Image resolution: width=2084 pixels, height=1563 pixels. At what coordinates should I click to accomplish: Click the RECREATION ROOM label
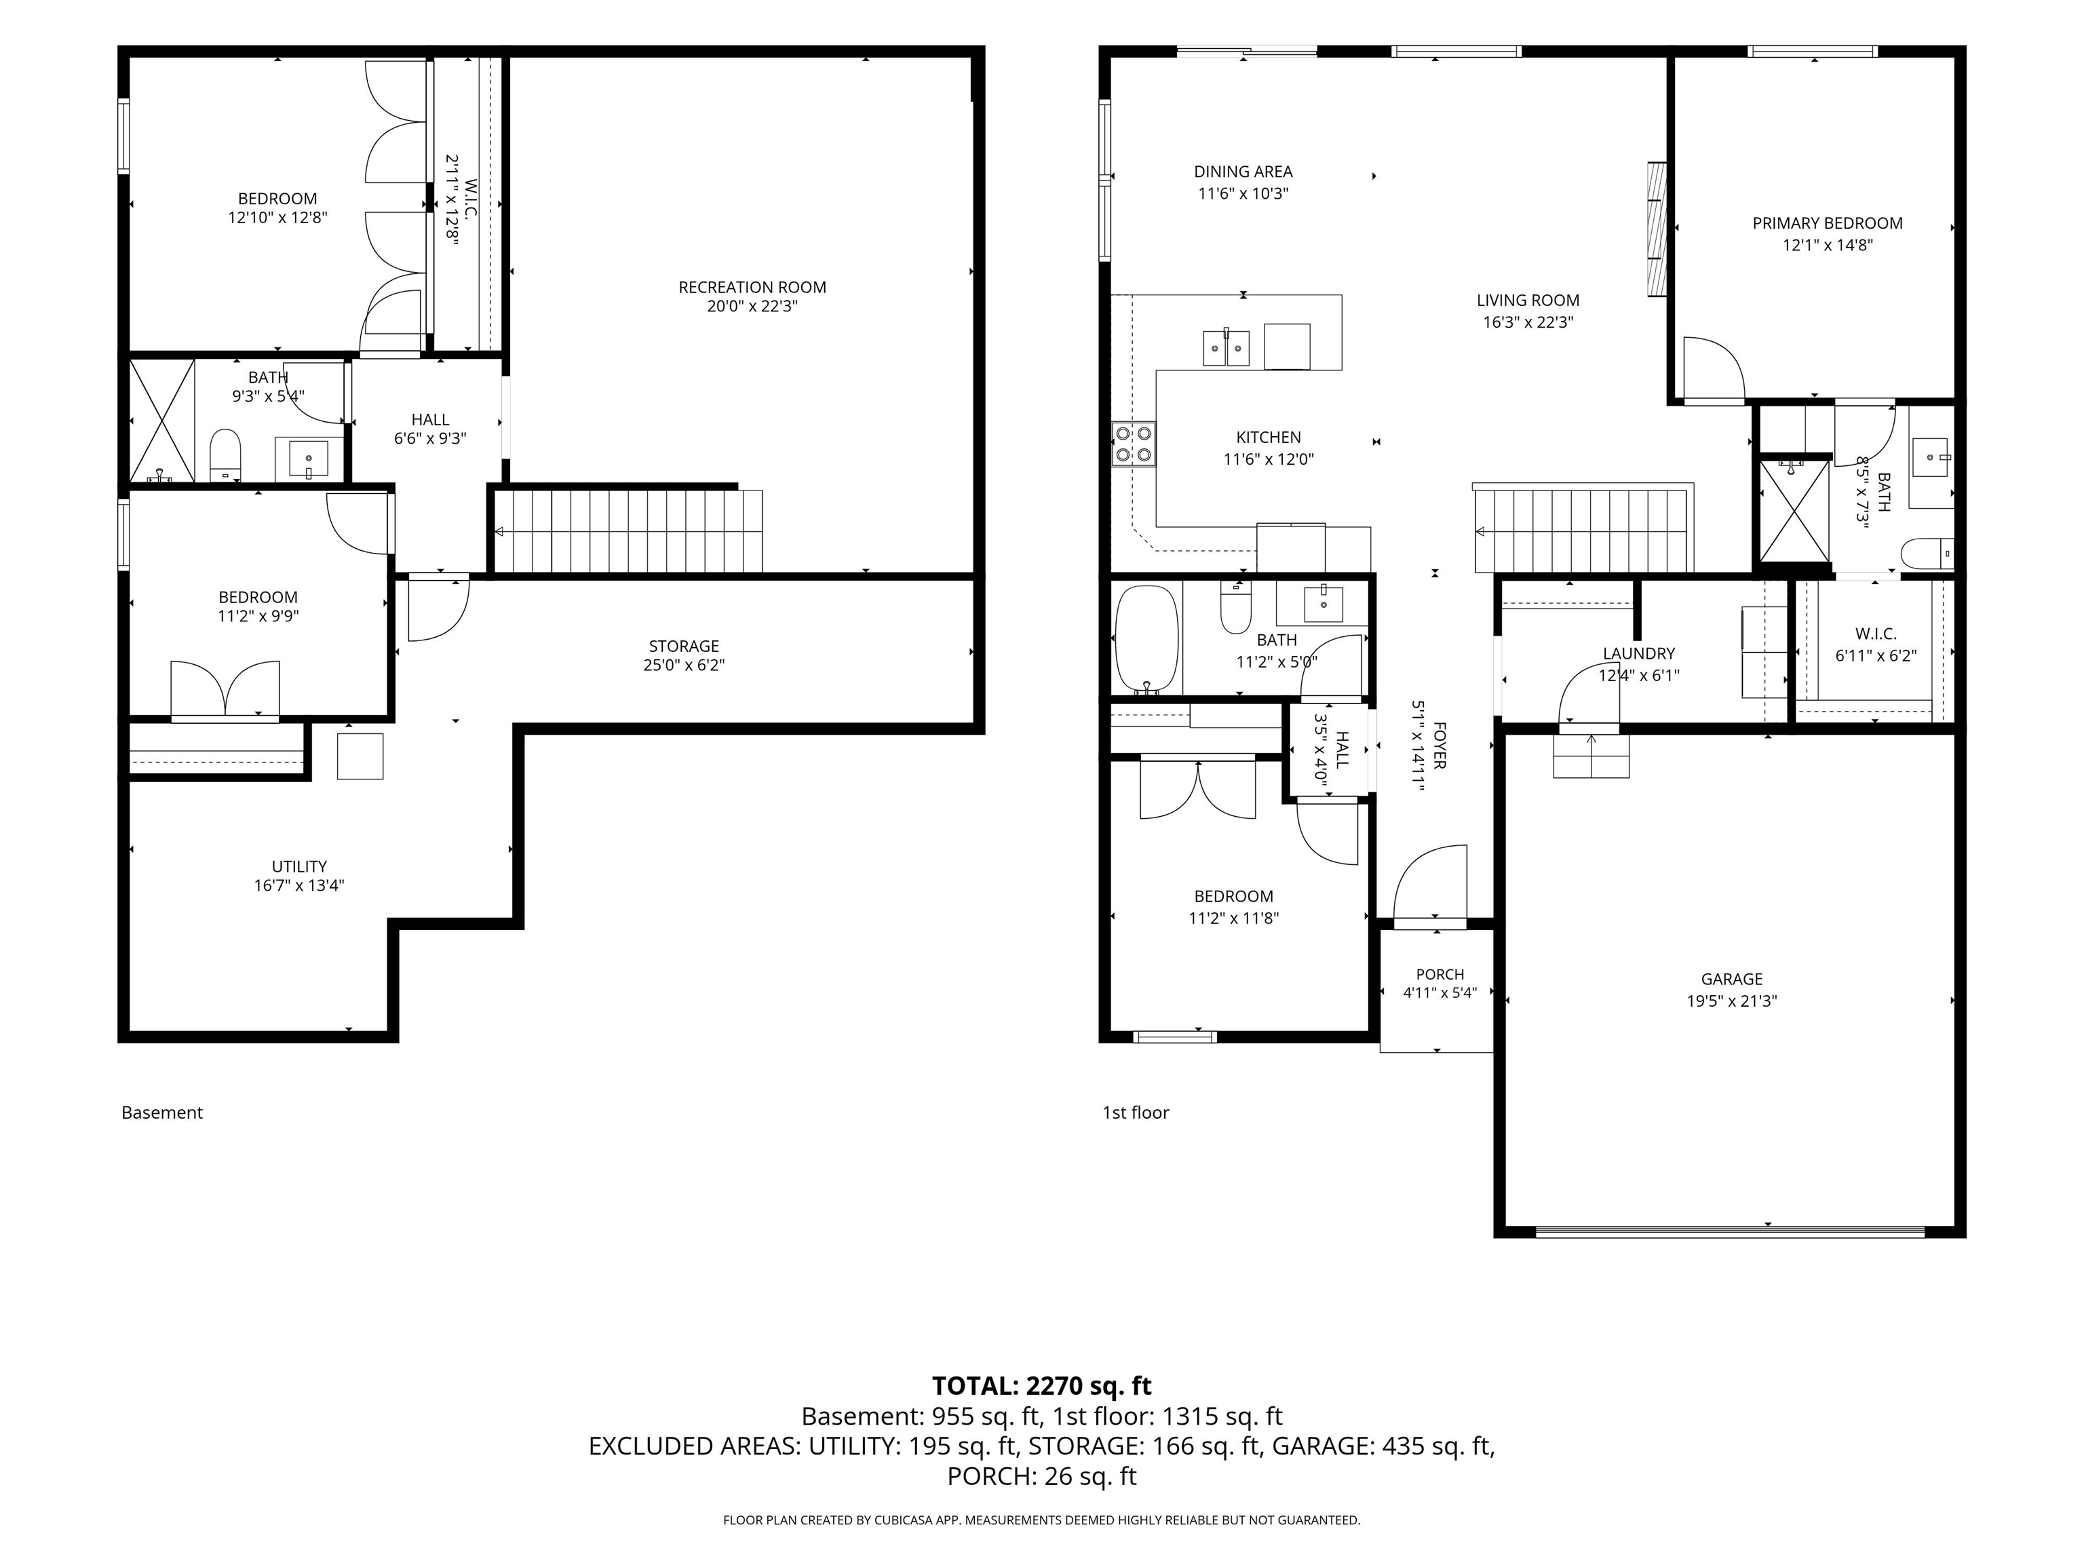coord(752,288)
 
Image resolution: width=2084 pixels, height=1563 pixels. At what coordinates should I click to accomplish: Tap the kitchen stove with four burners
coord(1134,445)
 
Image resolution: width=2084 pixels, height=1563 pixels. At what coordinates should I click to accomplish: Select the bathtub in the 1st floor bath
coord(1146,640)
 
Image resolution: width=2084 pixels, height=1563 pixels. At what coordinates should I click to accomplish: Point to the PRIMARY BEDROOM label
coord(1827,223)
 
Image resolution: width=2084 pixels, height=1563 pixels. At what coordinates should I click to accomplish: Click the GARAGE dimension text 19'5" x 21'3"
coord(1732,1001)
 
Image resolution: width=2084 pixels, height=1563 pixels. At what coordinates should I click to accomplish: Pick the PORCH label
coord(1440,974)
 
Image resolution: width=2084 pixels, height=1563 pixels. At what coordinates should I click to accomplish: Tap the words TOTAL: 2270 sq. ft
coord(1041,1386)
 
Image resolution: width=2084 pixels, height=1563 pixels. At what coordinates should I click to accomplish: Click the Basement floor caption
coord(162,1113)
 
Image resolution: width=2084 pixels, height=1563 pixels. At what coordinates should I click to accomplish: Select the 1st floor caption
coord(1135,1113)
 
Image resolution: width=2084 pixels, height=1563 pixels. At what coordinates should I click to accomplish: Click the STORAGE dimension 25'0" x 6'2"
coord(683,665)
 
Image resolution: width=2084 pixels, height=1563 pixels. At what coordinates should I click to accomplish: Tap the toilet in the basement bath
coord(225,454)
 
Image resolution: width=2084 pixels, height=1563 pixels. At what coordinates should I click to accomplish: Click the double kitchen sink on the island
coord(1226,347)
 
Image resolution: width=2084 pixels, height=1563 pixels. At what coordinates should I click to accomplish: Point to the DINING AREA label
coord(1243,172)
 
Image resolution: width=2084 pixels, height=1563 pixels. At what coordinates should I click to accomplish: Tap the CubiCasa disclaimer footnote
coord(1041,1520)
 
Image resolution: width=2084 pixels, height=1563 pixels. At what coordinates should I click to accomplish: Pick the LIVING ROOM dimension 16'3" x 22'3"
coord(1527,322)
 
